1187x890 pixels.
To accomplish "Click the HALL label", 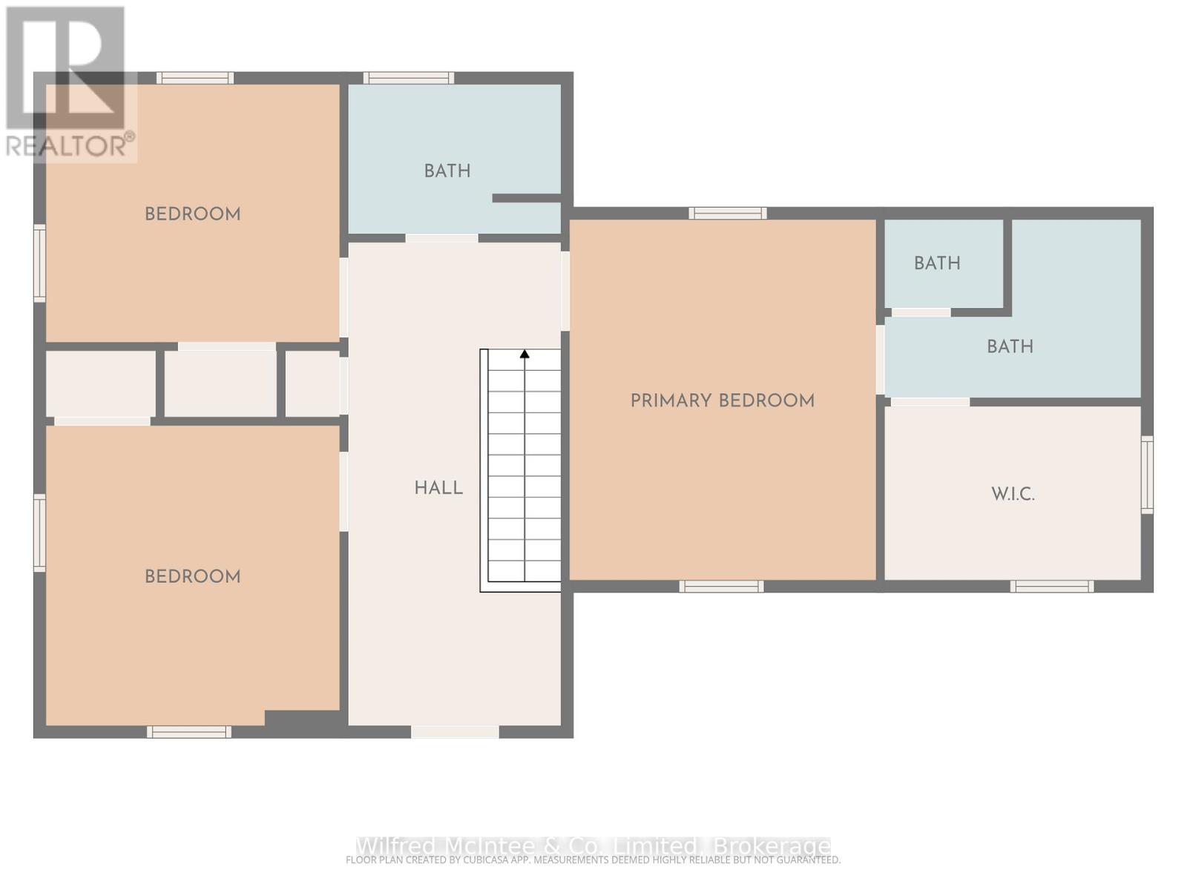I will (x=438, y=488).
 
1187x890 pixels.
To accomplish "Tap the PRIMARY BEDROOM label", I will (x=722, y=401).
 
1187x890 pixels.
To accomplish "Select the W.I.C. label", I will (x=1013, y=494).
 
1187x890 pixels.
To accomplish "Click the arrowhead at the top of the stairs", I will (x=525, y=354).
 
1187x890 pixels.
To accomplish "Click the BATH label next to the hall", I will (x=447, y=171).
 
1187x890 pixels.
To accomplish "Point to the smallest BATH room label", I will (x=937, y=263).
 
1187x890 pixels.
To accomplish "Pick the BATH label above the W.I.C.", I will (x=1010, y=346).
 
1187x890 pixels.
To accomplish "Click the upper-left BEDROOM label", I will (x=192, y=214).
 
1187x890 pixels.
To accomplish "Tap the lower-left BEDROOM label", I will (x=192, y=577).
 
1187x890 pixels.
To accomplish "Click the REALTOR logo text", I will (x=70, y=145).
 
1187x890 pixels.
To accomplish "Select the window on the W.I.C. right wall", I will (x=1147, y=475).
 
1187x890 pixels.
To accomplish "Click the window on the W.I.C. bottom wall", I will (x=1051, y=587).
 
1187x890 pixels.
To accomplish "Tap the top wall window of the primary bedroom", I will (x=727, y=214).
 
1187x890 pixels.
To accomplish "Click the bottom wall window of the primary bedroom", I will (x=721, y=587).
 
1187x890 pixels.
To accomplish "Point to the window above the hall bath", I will (x=408, y=78).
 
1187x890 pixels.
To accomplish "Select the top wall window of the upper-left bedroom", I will (x=195, y=78).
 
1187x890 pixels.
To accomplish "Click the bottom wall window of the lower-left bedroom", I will (x=189, y=732).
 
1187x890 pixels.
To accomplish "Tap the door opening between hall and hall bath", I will (x=441, y=238).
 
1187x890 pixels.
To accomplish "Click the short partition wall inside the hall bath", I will (x=526, y=198).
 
